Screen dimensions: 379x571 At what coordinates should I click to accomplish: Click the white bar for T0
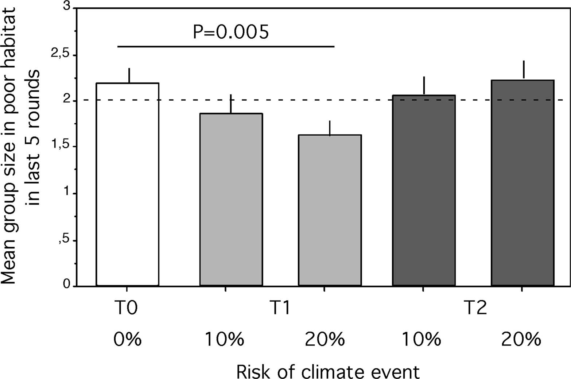tap(127, 184)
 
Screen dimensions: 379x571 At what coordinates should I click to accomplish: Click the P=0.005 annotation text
tap(230, 32)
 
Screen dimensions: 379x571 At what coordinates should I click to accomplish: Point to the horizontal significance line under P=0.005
tap(226, 47)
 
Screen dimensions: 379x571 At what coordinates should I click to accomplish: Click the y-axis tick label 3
tap(66, 7)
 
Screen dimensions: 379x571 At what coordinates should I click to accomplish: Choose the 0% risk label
tap(127, 340)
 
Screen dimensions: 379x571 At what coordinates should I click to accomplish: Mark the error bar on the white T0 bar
tap(129, 76)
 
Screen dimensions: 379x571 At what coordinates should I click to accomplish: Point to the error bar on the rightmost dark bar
tap(524, 70)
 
